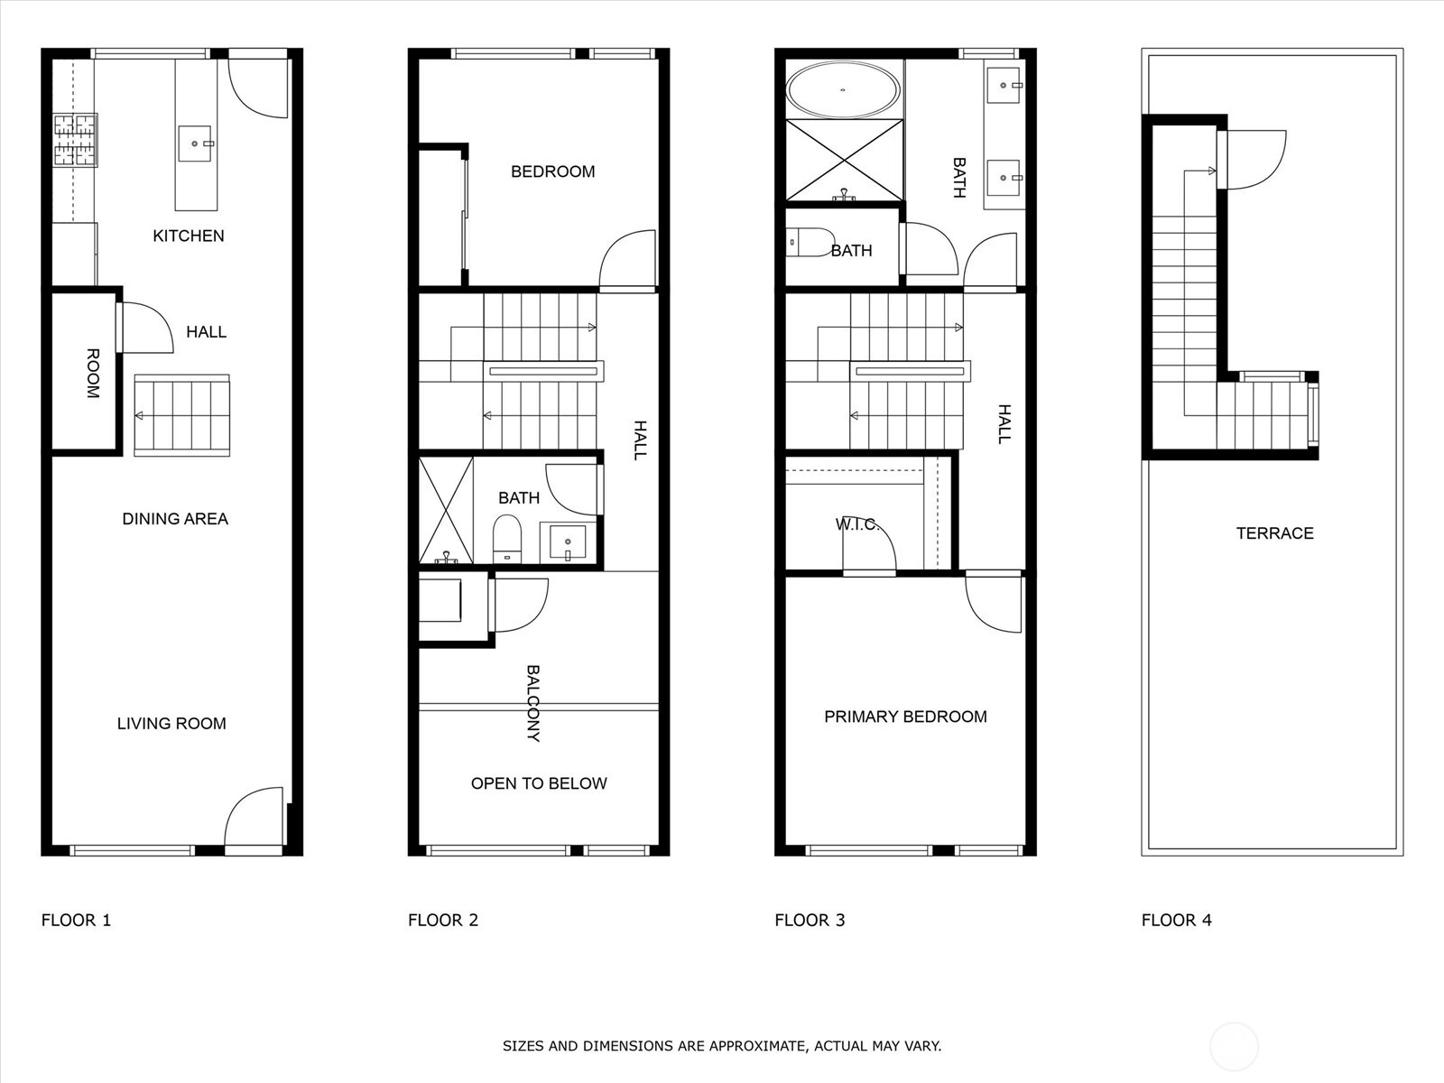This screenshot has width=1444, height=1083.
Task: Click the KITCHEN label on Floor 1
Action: [x=188, y=236]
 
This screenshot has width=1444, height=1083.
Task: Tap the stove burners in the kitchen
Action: [x=75, y=140]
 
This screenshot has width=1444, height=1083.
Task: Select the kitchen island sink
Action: [x=195, y=143]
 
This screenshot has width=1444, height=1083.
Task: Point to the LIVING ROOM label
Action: [x=171, y=723]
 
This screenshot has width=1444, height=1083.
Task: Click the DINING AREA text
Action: [x=175, y=519]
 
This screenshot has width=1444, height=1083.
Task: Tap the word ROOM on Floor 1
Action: [x=93, y=374]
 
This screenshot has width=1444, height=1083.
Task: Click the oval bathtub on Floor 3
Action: [x=843, y=90]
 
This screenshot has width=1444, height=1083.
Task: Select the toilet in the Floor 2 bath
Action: [x=506, y=539]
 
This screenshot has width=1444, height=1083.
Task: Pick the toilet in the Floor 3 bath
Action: [x=810, y=243]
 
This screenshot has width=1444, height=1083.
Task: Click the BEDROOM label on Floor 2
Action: [x=552, y=171]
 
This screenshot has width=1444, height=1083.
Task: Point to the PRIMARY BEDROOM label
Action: [x=905, y=717]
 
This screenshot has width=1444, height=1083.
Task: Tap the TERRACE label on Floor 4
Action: [x=1274, y=533]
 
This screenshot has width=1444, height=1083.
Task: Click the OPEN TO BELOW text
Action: [x=539, y=783]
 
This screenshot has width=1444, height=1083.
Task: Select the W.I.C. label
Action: [x=856, y=524]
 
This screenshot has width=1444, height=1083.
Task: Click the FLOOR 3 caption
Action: [x=810, y=920]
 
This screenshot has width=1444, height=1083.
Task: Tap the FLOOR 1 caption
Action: [x=77, y=920]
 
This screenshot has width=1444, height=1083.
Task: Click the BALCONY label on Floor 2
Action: [x=532, y=703]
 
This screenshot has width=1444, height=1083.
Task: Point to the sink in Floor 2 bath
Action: [x=568, y=542]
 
